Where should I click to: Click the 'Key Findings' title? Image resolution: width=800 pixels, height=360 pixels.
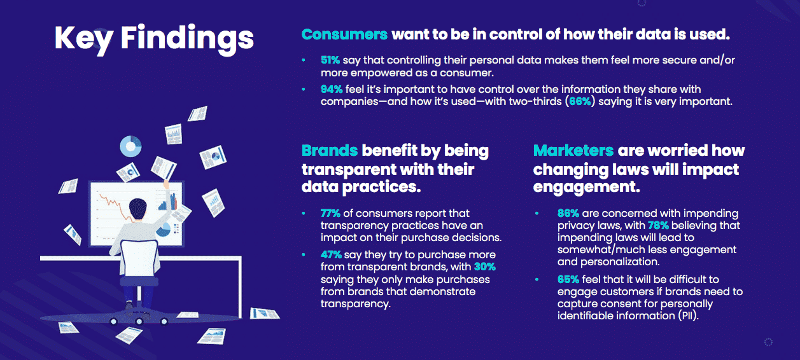point(154,39)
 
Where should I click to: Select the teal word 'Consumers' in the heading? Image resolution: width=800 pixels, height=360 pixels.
point(344,34)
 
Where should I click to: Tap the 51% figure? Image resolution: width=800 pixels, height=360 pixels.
point(330,60)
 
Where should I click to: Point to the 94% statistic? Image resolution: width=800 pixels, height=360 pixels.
point(332,89)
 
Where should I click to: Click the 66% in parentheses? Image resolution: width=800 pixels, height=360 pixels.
point(580,102)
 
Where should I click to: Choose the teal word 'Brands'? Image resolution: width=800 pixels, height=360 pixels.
point(329,151)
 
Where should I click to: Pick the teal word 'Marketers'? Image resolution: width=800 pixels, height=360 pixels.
point(573,151)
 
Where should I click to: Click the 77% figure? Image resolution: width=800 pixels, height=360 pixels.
point(330,213)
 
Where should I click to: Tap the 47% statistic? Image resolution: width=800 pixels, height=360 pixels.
point(331,255)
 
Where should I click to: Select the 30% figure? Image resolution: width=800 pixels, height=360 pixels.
point(485,267)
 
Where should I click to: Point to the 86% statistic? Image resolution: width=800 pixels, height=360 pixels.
point(568,213)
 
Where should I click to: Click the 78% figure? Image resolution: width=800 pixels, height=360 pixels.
point(658,226)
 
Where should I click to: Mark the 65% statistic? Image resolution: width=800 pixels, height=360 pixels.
point(568,279)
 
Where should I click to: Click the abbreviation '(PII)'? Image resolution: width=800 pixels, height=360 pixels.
point(688,315)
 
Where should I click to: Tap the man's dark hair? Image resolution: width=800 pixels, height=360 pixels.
point(137,207)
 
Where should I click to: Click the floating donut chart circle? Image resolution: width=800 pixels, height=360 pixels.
point(130,146)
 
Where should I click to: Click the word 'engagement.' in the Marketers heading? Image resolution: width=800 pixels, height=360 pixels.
point(586,187)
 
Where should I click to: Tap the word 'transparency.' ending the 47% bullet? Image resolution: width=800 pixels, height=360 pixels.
point(355,304)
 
